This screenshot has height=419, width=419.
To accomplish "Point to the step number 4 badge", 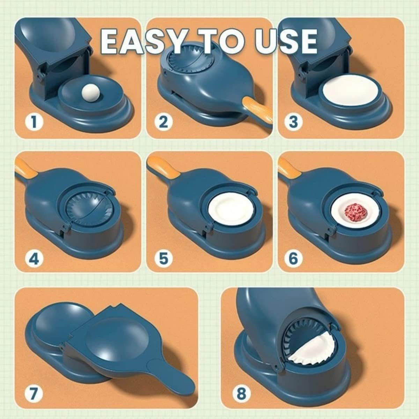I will click(34, 259).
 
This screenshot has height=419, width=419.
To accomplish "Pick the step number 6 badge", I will click(293, 259).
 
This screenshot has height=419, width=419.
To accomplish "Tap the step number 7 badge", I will click(34, 394).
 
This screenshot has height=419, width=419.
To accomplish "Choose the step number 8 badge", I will click(241, 394).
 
